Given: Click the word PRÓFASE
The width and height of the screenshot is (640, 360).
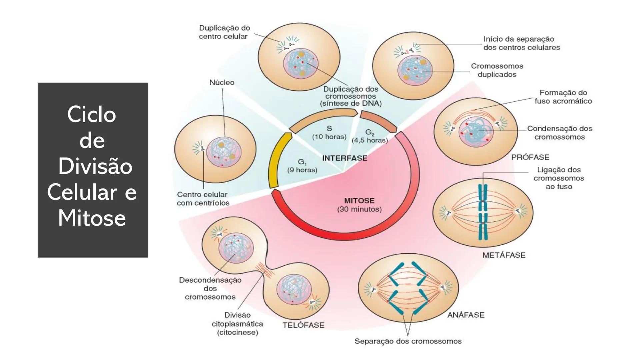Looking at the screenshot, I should click(530, 157).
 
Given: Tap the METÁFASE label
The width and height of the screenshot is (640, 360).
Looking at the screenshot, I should click(504, 255).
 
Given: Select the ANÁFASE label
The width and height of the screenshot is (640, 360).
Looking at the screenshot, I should click(466, 315).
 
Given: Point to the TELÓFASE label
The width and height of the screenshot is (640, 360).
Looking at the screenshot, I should click(303, 325).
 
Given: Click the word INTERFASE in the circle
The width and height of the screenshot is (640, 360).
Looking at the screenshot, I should click(345, 158).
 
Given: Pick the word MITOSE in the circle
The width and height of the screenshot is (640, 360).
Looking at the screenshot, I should click(359, 201).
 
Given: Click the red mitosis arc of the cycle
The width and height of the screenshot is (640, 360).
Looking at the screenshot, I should click(347, 235).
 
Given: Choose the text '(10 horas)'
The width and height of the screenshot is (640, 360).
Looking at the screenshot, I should click(329, 137).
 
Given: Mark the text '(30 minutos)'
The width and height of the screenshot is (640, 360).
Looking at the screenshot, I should click(359, 209).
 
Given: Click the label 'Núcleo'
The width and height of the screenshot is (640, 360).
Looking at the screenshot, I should click(222, 82).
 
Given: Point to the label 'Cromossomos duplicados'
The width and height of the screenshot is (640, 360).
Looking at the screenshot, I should click(497, 70).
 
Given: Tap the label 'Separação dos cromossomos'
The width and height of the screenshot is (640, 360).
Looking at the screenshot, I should click(408, 341).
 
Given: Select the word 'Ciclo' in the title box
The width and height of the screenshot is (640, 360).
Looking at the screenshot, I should click(92, 114).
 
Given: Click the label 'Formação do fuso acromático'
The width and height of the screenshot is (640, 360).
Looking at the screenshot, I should click(563, 97).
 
